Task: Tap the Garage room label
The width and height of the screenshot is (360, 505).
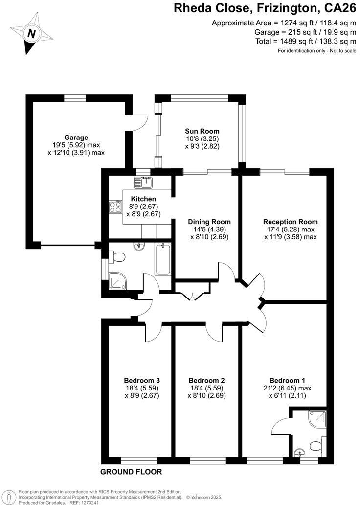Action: point(76,138)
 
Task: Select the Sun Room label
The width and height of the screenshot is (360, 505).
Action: point(202,131)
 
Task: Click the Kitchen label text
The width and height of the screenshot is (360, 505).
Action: point(143,199)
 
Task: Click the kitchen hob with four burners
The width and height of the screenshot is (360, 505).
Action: point(115,207)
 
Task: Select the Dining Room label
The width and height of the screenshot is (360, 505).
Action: point(209,222)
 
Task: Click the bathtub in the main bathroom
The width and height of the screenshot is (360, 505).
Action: point(162,259)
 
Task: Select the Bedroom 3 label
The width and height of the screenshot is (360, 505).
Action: point(142,380)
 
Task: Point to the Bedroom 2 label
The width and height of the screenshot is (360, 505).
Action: point(206,380)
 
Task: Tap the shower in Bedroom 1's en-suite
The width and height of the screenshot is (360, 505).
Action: point(316,419)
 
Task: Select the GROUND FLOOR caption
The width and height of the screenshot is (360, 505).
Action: point(131,472)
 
